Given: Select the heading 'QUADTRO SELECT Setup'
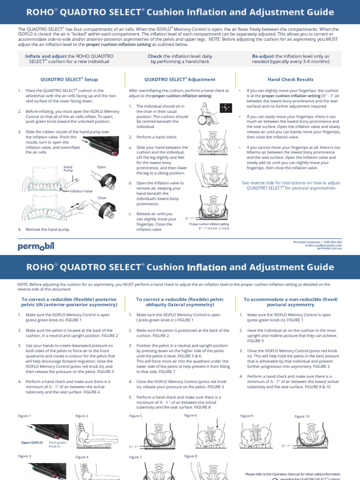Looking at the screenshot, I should pyautogui.click(x=69, y=80).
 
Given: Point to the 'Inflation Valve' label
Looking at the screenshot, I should pyautogui.click(x=82, y=191).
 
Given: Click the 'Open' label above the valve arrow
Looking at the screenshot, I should pyautogui.click(x=101, y=167).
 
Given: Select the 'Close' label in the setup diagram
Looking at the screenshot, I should pyautogui.click(x=102, y=198).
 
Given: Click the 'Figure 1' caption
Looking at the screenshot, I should pyautogui.click(x=24, y=416).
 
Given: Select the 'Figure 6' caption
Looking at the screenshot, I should pyautogui.click(x=190, y=415).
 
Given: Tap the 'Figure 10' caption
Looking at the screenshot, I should pyautogui.click(x=302, y=416).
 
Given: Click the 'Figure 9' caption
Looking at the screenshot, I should pyautogui.click(x=247, y=416).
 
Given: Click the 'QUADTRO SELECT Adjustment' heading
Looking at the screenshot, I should pyautogui.click(x=180, y=80).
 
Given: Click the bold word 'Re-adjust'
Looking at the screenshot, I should pyautogui.click(x=263, y=56).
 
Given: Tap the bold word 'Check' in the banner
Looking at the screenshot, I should pyautogui.click(x=155, y=56).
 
